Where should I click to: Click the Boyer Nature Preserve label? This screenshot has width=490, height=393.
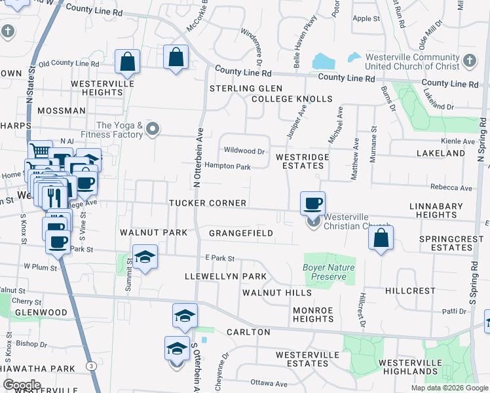point(329,272)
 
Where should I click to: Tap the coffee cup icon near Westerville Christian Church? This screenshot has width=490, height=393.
point(313,203)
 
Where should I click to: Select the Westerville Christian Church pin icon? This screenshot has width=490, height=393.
point(313,222)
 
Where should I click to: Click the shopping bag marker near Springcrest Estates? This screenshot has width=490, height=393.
point(381,238)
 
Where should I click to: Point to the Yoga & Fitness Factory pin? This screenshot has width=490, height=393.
point(153,129)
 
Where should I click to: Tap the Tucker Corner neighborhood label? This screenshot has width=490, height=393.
point(208,203)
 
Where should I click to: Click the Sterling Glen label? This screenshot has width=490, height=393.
point(246,88)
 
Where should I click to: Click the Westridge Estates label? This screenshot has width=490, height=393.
point(301,161)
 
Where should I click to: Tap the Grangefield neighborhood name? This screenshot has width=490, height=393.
point(241,233)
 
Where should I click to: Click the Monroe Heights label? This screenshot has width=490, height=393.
point(313,314)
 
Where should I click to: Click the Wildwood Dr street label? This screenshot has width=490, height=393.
point(244,151)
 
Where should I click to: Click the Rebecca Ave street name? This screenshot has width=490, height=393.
point(451,188)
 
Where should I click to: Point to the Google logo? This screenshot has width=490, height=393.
point(22,385)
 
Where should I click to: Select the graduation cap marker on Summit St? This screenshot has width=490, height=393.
point(145,257)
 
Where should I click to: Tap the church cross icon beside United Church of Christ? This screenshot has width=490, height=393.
point(469,62)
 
